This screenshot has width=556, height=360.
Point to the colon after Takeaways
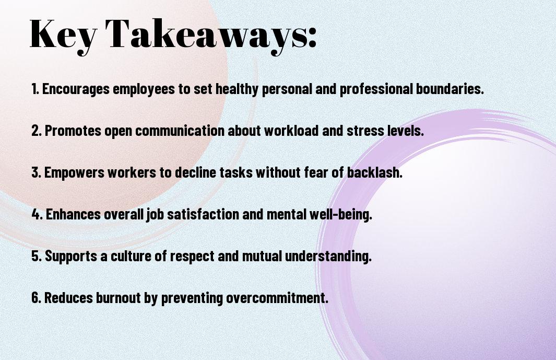coord(312,38)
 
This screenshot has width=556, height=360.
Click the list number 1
coord(35,89)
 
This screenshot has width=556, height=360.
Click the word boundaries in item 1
coord(449,89)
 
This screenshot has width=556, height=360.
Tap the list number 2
coord(36,131)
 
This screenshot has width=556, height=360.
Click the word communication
coord(180,131)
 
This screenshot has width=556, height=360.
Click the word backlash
coord(375,172)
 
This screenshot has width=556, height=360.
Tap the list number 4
coord(37,214)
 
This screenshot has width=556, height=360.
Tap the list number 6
coord(36,297)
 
